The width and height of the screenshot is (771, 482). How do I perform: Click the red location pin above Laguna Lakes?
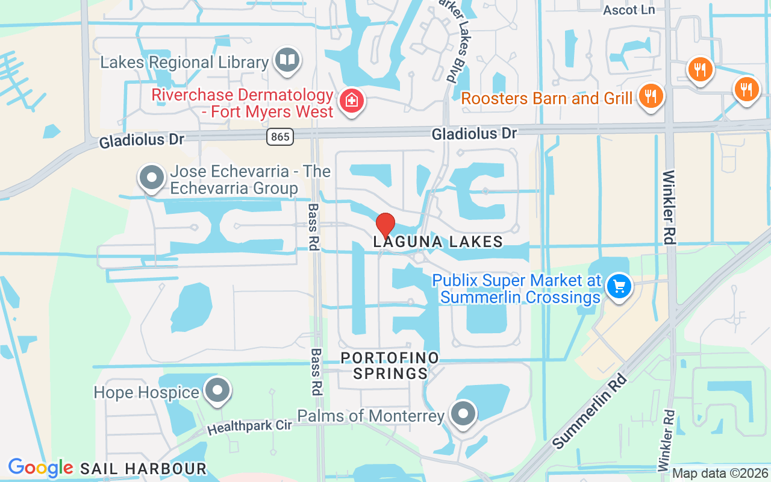[385, 225]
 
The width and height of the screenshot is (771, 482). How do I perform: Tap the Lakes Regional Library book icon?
[288, 60]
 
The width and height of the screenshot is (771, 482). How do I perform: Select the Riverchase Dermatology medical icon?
[351, 101]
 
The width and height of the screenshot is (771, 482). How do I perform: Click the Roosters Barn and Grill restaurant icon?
[651, 95]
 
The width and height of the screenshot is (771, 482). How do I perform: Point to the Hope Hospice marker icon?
[217, 390]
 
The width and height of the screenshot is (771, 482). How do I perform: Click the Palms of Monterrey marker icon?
[463, 413]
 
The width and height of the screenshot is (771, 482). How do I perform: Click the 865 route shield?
[279, 137]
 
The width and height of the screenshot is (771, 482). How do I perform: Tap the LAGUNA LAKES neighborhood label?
[438, 242]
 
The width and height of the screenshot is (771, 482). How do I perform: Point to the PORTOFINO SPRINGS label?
[390, 366]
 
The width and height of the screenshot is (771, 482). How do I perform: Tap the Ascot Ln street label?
[629, 10]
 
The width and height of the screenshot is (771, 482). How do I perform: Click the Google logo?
[40, 468]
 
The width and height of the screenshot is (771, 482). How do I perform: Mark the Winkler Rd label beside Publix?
[669, 208]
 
